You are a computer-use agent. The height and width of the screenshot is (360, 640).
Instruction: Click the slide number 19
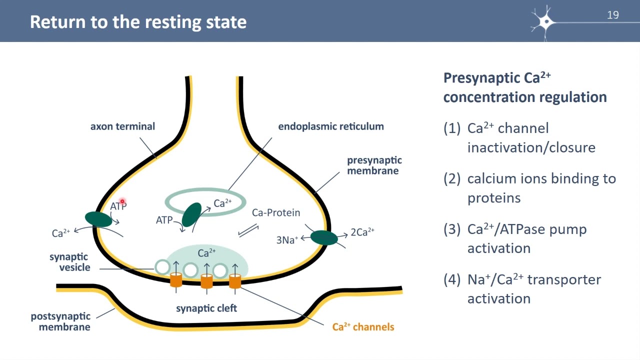tap(613, 15)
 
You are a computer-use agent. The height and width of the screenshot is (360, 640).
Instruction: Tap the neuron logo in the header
tap(544, 22)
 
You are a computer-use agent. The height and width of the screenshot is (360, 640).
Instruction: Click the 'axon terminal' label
tap(122, 126)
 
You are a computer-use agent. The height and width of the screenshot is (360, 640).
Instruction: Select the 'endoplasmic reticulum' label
tap(331, 126)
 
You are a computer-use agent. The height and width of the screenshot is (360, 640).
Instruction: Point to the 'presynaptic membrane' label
tap(374, 165)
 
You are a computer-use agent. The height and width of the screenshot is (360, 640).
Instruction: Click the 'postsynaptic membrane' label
tap(60, 321)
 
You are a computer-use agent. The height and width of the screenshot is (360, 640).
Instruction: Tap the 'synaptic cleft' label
tap(206, 308)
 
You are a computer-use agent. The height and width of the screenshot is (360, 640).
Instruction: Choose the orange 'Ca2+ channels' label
tap(363, 326)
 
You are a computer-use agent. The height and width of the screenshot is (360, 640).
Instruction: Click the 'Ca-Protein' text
tap(276, 212)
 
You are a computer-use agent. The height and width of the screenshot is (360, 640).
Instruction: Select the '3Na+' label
tap(287, 239)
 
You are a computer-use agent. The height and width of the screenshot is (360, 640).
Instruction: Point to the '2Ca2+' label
tap(362, 231)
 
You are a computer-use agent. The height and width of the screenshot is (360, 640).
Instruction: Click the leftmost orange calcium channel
tap(176, 279)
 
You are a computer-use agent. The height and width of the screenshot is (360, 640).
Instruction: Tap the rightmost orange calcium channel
tap(235, 281)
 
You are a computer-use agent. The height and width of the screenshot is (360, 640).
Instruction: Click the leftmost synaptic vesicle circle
tap(162, 267)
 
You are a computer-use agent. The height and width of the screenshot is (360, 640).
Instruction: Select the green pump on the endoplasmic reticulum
tap(191, 214)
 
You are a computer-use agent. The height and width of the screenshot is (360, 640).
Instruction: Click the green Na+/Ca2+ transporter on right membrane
tap(324, 237)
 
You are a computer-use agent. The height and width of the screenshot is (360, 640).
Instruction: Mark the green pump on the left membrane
tap(98, 219)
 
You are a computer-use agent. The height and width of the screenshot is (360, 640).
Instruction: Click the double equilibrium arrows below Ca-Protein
tap(248, 231)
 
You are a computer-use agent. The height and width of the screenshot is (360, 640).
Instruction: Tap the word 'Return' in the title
tap(57, 22)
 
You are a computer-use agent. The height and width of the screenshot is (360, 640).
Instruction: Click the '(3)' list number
tap(452, 229)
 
